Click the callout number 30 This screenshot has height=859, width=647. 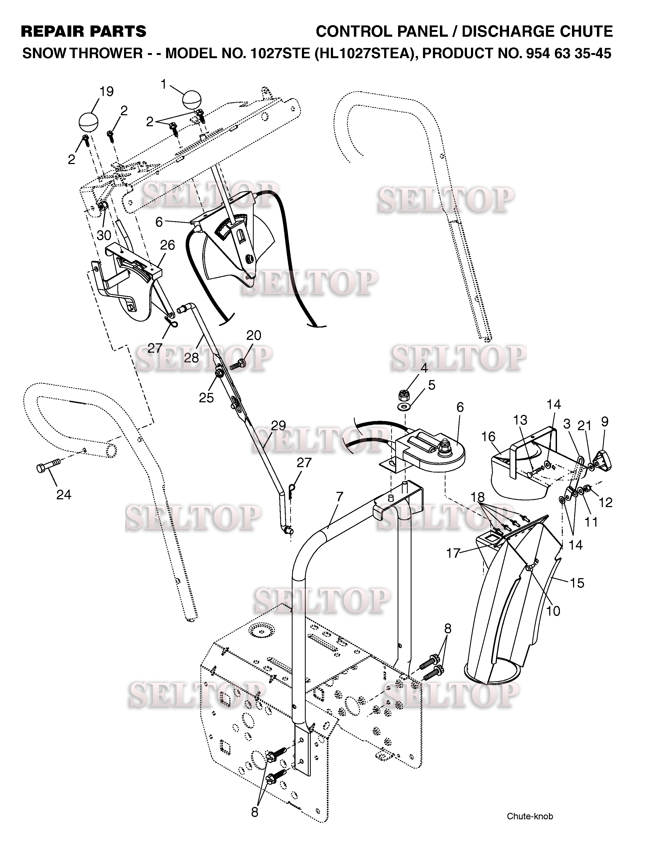pos(104,235)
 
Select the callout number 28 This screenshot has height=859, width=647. pos(191,357)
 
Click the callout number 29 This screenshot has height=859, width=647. pos(279,426)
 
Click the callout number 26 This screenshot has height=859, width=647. pos(167,245)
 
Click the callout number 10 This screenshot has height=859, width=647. pos(553,611)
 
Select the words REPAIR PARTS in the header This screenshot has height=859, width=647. pos(83,31)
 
